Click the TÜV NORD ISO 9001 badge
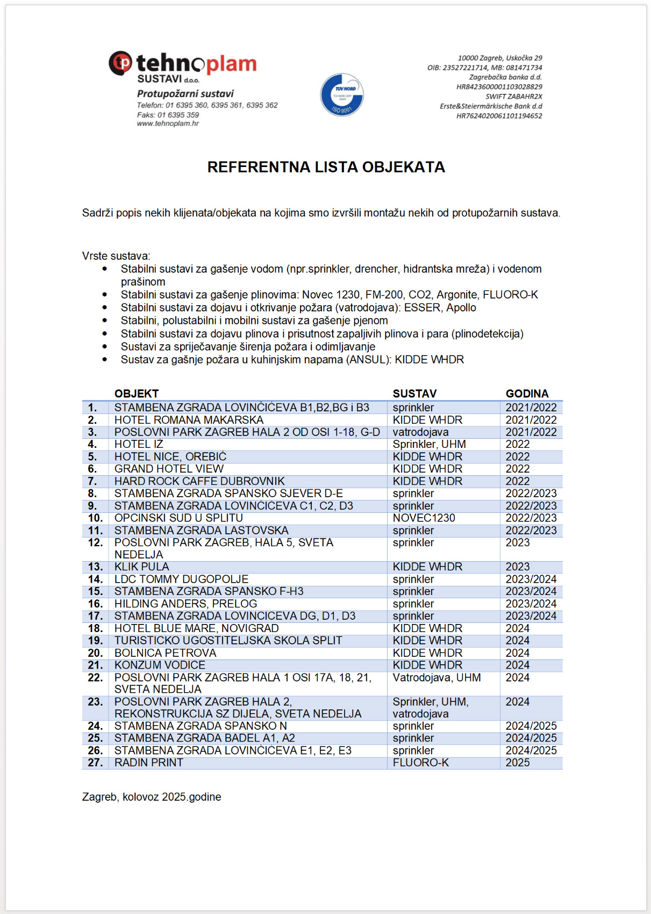(x=342, y=95)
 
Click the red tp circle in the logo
(x=121, y=63)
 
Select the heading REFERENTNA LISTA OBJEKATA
(x=326, y=167)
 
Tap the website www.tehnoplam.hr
(x=168, y=124)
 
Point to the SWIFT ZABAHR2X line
(x=513, y=97)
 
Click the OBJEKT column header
(x=137, y=394)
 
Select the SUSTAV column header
(x=414, y=394)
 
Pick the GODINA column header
(x=527, y=394)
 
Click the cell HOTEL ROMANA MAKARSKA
(x=189, y=420)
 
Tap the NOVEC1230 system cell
(x=424, y=518)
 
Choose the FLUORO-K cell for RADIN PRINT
(x=420, y=763)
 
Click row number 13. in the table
(x=95, y=567)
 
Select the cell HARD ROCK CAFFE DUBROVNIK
(x=199, y=481)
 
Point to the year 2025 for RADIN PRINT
(x=518, y=763)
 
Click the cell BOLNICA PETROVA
(x=165, y=653)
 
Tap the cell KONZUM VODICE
(x=160, y=665)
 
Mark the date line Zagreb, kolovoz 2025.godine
(x=152, y=797)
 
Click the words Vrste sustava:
(x=116, y=256)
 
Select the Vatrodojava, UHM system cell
(x=437, y=678)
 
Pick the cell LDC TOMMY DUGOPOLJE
(x=181, y=579)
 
